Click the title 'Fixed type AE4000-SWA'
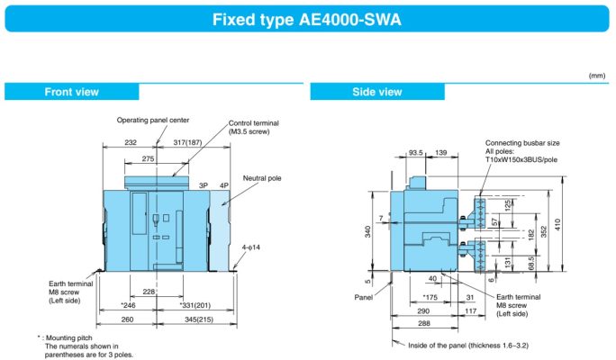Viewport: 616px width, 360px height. click(308, 18)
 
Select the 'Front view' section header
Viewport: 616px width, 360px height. click(72, 91)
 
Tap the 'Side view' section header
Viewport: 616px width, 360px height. click(377, 91)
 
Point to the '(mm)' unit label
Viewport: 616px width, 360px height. click(596, 76)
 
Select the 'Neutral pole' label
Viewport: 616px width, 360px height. click(263, 178)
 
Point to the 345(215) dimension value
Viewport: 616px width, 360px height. click(200, 319)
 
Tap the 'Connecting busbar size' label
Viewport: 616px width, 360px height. click(521, 143)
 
